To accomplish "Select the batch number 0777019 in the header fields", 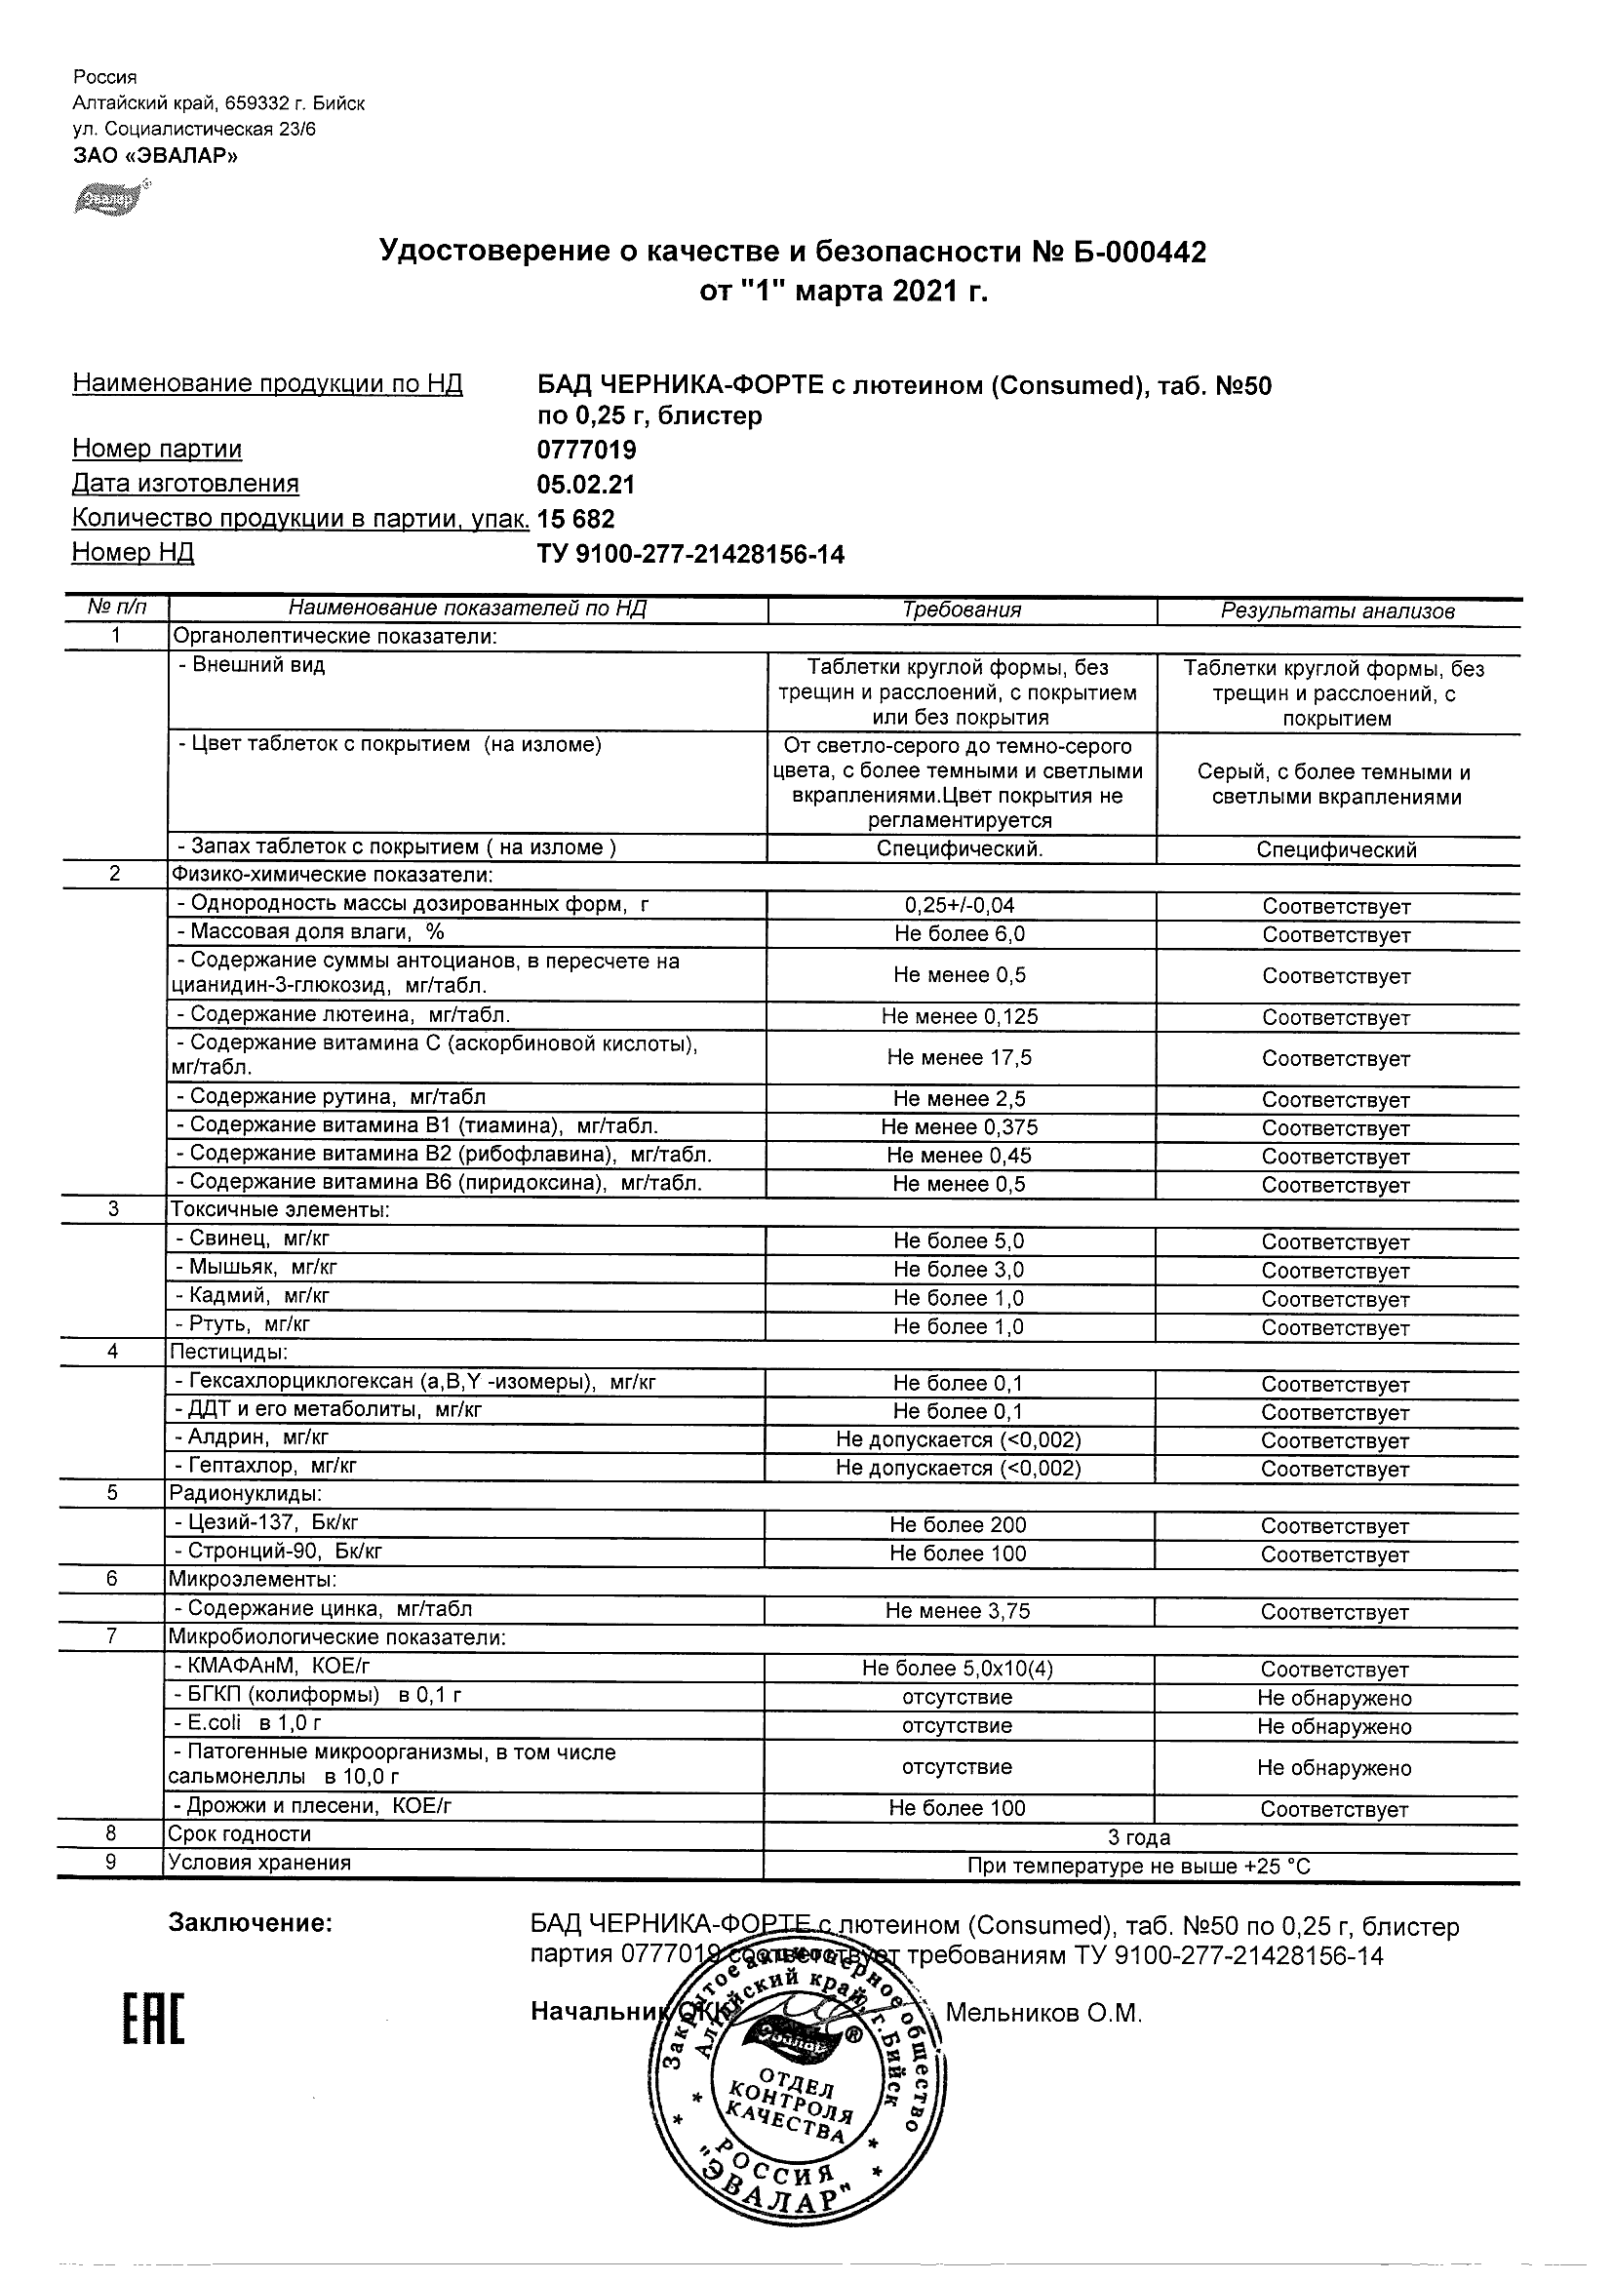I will (x=586, y=451).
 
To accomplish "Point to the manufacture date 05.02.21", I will (x=585, y=485).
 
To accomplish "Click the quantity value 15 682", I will (x=575, y=519).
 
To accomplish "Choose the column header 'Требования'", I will (x=961, y=610).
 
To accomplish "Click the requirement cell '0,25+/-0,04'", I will (x=959, y=905).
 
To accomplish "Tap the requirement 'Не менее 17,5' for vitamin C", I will (x=959, y=1057).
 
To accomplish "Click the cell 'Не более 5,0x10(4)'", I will (x=957, y=1669).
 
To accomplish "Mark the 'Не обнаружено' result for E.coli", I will (x=1334, y=1726).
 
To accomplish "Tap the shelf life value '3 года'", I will (x=1139, y=1837).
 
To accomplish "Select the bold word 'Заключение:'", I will (x=250, y=1923).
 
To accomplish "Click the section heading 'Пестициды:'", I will (x=228, y=1353).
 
